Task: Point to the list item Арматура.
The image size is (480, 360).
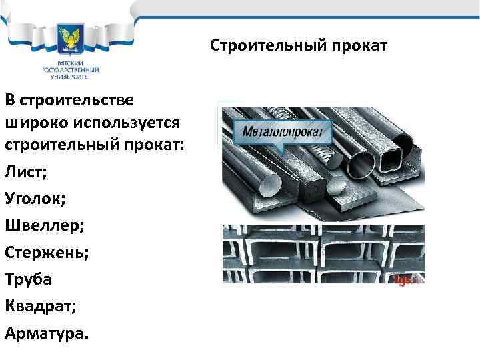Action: coord(46,332)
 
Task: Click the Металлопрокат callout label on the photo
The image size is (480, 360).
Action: coord(283,131)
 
